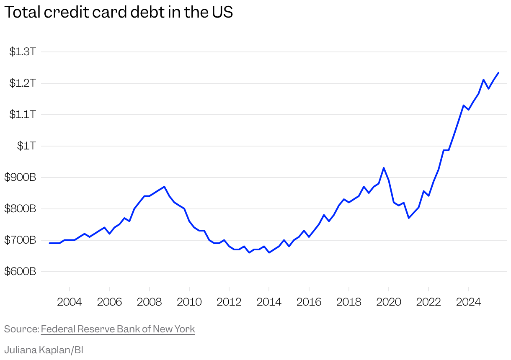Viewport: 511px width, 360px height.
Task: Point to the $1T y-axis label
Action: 26,146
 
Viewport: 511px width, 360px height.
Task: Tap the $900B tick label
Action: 20,177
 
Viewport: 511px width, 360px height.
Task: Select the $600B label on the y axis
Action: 20,272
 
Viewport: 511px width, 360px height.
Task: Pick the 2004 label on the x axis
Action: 69,302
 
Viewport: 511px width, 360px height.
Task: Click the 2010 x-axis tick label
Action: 189,302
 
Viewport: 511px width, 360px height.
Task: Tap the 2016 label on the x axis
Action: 309,302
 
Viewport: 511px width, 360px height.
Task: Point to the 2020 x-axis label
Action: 389,302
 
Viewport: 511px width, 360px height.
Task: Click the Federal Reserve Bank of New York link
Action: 118,329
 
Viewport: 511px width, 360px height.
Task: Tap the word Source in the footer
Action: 21,329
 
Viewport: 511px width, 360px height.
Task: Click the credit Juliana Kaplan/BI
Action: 44,350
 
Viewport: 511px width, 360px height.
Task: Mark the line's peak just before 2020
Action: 384,168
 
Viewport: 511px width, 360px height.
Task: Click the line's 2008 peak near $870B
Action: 164,187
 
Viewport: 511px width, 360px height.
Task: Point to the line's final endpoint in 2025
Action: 498,73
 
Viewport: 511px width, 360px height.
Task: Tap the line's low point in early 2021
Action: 409,218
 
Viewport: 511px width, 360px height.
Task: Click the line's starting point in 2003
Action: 50,243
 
